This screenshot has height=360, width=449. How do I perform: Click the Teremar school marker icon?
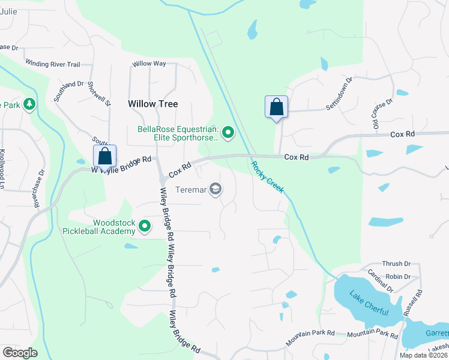tap(215, 190)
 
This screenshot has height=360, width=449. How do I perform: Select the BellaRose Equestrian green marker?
tap(228, 131)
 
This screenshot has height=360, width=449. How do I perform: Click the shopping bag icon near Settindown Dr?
tap(276, 107)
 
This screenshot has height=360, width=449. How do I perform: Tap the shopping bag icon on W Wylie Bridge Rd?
tap(104, 157)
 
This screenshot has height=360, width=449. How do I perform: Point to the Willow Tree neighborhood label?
tap(153, 104)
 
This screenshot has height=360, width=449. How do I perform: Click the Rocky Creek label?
tap(267, 178)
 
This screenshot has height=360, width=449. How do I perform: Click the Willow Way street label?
tap(149, 64)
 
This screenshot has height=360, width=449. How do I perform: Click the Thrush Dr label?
tap(396, 264)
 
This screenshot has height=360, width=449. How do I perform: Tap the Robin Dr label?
tap(398, 277)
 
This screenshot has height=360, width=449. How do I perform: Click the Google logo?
tap(19, 352)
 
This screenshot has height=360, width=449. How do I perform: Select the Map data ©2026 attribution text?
tap(423, 355)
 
